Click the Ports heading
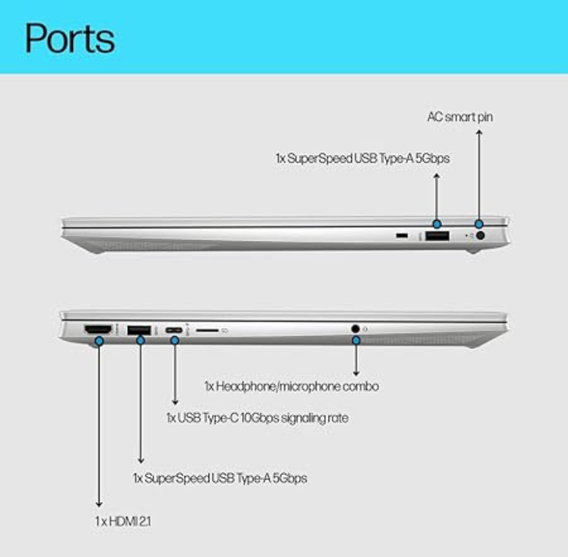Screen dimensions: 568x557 pyautogui.click(x=70, y=38)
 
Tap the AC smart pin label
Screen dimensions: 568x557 pyautogui.click(x=460, y=117)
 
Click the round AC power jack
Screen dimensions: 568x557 pyautogui.click(x=480, y=236)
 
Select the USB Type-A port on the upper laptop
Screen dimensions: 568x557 pyautogui.click(x=437, y=236)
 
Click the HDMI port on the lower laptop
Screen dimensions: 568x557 pyautogui.click(x=98, y=329)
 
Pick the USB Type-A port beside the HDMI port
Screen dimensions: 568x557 pyautogui.click(x=139, y=330)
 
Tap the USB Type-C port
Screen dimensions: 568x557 pyautogui.click(x=174, y=330)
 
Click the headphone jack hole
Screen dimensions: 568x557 pyautogui.click(x=356, y=329)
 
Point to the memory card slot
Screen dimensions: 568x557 pyautogui.click(x=207, y=330)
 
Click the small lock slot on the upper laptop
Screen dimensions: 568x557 pyautogui.click(x=401, y=236)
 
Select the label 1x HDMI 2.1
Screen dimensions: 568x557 pyautogui.click(x=123, y=521)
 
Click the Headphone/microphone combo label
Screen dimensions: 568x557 pyautogui.click(x=292, y=387)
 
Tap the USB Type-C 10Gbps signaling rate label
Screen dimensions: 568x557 pyautogui.click(x=257, y=418)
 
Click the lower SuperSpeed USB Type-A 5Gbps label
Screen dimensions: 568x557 pyautogui.click(x=220, y=478)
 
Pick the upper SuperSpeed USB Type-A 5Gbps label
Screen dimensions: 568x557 pyautogui.click(x=363, y=158)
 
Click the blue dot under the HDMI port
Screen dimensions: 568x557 pyautogui.click(x=99, y=341)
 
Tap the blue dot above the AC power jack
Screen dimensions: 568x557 pyautogui.click(x=479, y=224)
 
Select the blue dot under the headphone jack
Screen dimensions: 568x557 pyautogui.click(x=356, y=340)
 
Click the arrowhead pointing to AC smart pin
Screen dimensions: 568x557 pyautogui.click(x=479, y=132)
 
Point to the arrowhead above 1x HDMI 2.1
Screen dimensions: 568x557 pyautogui.click(x=99, y=505)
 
